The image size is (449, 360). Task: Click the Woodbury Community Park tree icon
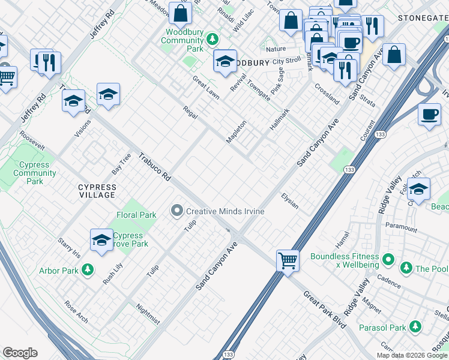pyautogui.click(x=211, y=40)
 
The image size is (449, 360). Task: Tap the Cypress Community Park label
pyautogui.click(x=35, y=173)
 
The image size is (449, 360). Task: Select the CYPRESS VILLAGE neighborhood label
pyautogui.click(x=97, y=191)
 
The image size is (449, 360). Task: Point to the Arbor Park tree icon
pyautogui.click(x=88, y=271)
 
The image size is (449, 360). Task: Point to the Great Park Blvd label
pyautogui.click(x=325, y=309)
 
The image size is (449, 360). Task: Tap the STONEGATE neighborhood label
pyautogui.click(x=423, y=19)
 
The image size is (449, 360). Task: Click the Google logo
pyautogui.click(x=20, y=353)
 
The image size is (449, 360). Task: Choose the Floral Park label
pyautogui.click(x=136, y=215)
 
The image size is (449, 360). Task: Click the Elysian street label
pyautogui.click(x=290, y=201)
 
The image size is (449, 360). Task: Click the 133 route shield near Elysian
pyautogui.click(x=349, y=170)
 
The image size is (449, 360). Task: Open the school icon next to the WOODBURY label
pyautogui.click(x=225, y=62)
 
